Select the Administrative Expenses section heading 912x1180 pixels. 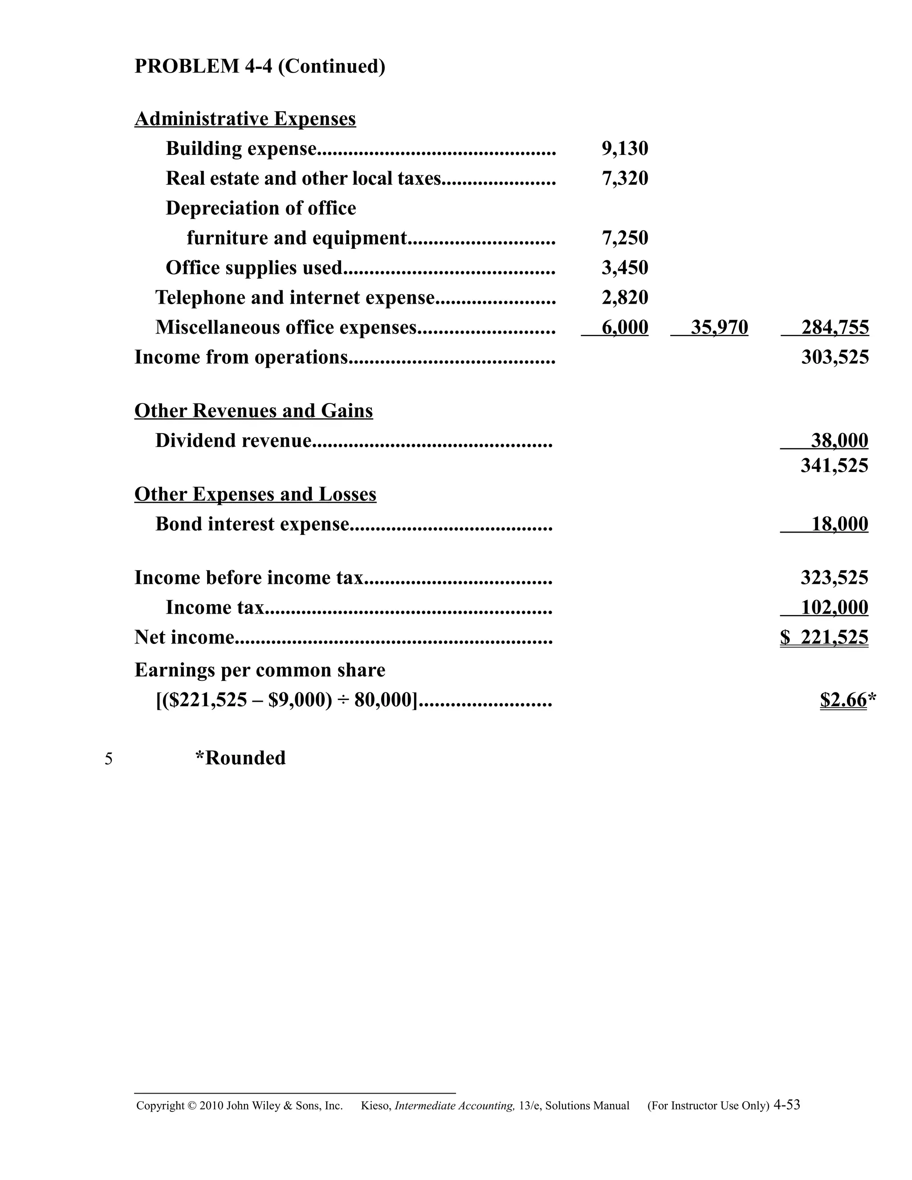pyautogui.click(x=245, y=118)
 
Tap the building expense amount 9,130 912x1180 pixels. pyautogui.click(x=625, y=149)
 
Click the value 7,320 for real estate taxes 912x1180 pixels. pyautogui.click(x=625, y=178)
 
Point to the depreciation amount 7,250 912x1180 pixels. pyautogui.click(x=625, y=238)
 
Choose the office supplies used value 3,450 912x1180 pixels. pyautogui.click(x=625, y=268)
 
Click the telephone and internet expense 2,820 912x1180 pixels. pyautogui.click(x=625, y=297)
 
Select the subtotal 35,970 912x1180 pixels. pyautogui.click(x=719, y=327)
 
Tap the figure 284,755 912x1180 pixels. pyautogui.click(x=835, y=327)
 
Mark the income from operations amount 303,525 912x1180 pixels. pyautogui.click(x=835, y=357)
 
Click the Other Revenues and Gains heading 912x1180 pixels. pyautogui.click(x=253, y=411)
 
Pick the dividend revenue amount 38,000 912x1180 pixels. pyautogui.click(x=839, y=440)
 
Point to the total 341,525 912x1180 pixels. pyautogui.click(x=834, y=465)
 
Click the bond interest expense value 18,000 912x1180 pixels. pyautogui.click(x=839, y=524)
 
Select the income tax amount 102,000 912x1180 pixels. pyautogui.click(x=834, y=607)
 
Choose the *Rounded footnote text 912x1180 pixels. pyautogui.click(x=240, y=758)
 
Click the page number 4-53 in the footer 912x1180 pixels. pyautogui.click(x=787, y=1105)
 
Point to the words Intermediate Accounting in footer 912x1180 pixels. pyautogui.click(x=454, y=1106)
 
